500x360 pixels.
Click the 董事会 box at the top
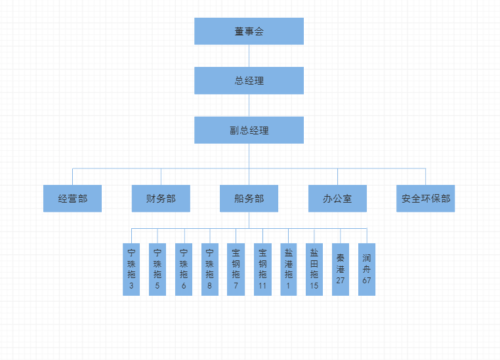coord(249,31)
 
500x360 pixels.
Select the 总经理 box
coord(249,81)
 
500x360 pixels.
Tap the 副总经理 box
coord(249,130)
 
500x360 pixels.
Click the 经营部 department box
coord(72,198)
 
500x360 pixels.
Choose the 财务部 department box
coord(161,198)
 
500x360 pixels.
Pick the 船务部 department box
coord(249,198)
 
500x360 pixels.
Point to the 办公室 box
coord(337,198)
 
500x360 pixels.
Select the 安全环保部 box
coord(426,198)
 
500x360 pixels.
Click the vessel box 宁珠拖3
coord(131,269)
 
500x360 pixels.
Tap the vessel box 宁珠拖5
coord(157,269)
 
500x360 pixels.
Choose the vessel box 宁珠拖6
coord(184,269)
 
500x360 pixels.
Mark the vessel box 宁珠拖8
coord(210,269)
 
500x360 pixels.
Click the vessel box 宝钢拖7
coord(236,269)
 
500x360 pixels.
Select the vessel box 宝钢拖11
coord(262,269)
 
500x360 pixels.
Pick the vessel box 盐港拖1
coord(289,269)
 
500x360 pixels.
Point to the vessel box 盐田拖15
coord(314,269)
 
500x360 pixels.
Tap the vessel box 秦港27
coord(341,269)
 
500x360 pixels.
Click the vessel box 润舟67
coord(367,269)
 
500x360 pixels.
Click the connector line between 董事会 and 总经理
coord(249,56)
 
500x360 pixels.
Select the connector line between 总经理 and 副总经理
coord(249,105)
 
